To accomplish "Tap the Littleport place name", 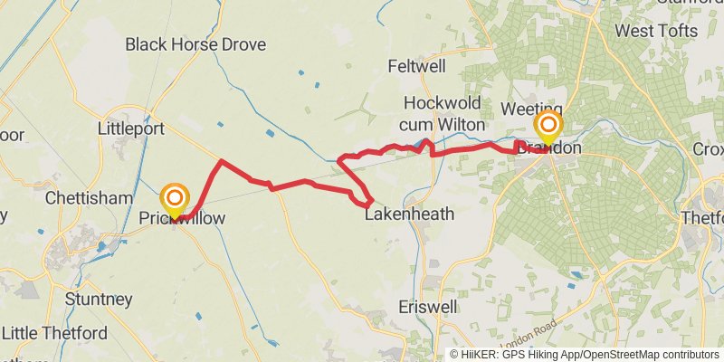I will click(x=130, y=129).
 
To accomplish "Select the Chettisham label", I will click(x=81, y=196).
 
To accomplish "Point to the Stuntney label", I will click(x=99, y=299).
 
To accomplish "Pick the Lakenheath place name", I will click(x=408, y=215).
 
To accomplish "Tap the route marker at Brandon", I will click(x=548, y=126).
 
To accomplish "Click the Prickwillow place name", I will click(x=182, y=219).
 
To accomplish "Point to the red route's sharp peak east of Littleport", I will click(x=221, y=162).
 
